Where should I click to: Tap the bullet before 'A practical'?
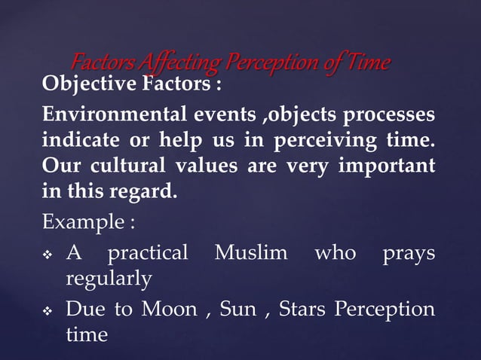click(48, 254)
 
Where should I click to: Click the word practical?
click(148, 253)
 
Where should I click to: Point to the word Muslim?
click(251, 252)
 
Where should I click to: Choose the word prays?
click(409, 253)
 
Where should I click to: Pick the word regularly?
click(109, 279)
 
